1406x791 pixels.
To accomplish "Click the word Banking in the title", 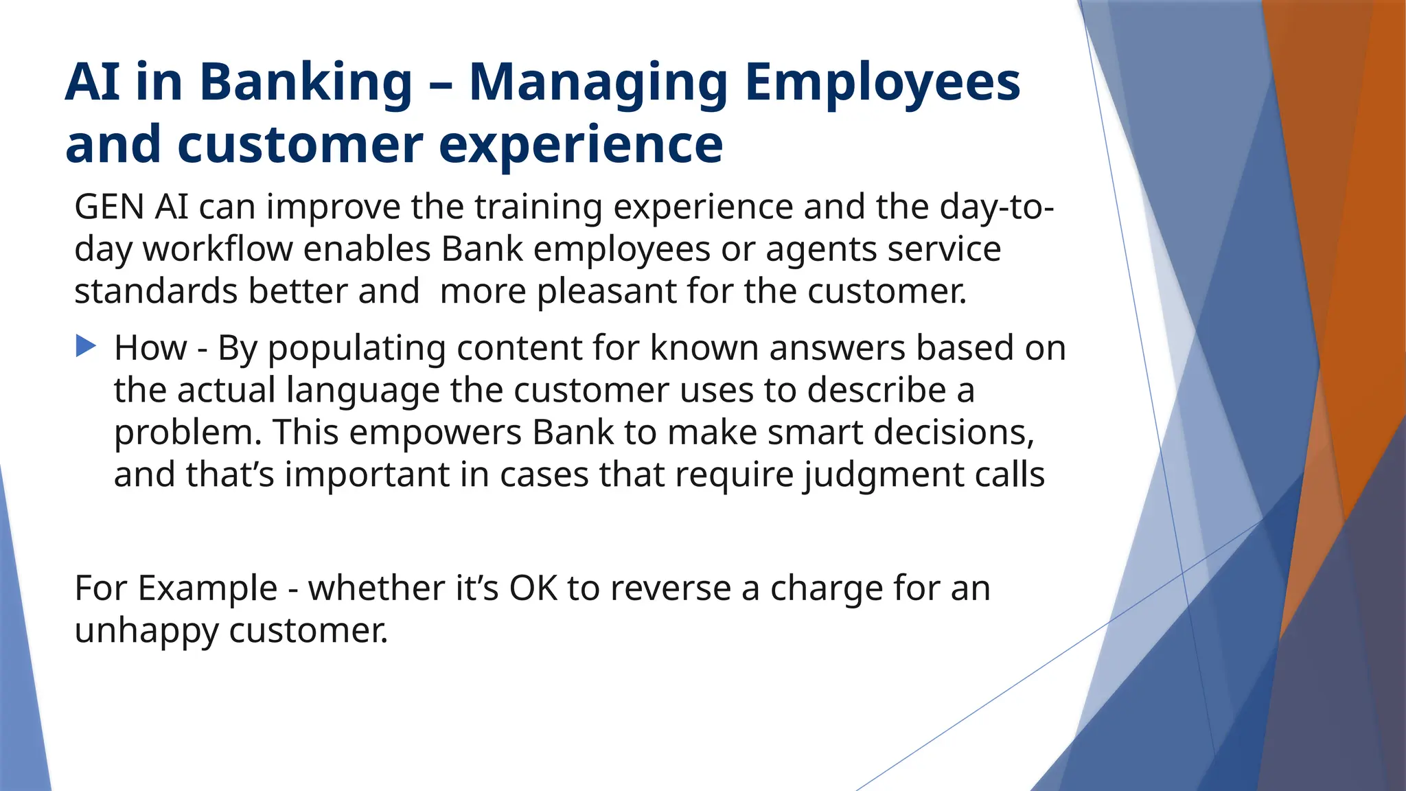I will click(306, 83).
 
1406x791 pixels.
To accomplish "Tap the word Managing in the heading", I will click(597, 83).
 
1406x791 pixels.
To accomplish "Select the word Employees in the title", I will click(882, 83).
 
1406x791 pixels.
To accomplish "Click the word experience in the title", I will click(580, 146).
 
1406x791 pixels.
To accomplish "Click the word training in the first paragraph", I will click(538, 207).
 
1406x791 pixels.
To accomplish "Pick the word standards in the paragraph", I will click(156, 291).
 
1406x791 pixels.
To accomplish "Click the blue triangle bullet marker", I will click(86, 345).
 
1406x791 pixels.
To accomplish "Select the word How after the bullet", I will click(150, 347).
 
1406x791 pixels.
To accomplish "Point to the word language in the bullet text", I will click(362, 391).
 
